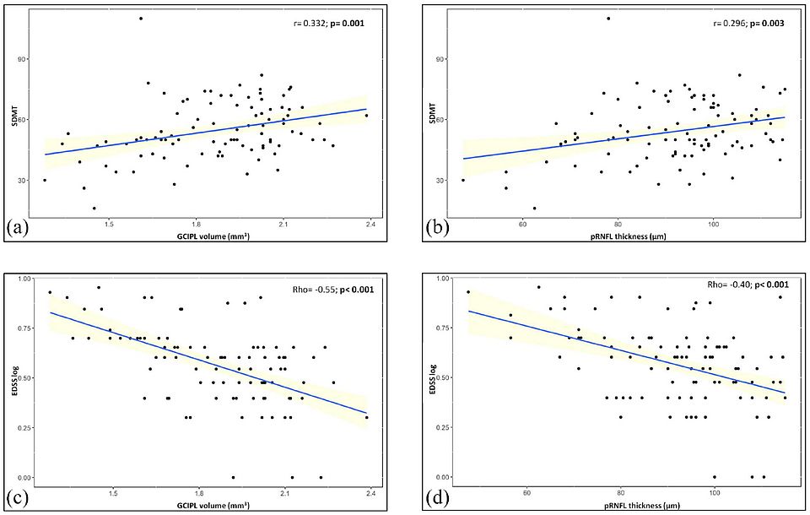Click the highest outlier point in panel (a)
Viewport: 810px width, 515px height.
(x=141, y=19)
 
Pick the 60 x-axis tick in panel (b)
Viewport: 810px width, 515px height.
(x=523, y=224)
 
